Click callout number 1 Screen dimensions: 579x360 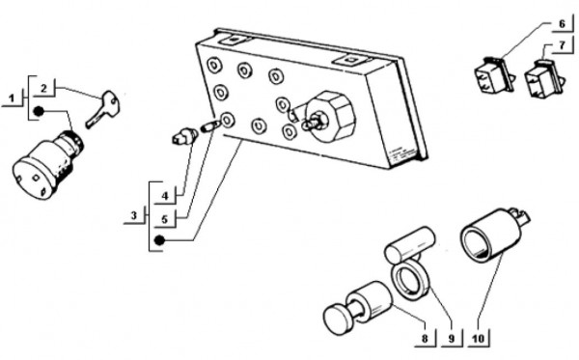[x=13, y=98]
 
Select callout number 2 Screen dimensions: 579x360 [x=44, y=89]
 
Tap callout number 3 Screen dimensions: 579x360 [x=134, y=215]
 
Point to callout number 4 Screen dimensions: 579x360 [x=165, y=196]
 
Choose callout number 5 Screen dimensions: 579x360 [x=165, y=219]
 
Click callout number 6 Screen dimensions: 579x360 [x=562, y=24]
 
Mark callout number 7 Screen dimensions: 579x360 [x=562, y=45]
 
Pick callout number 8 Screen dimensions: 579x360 [x=425, y=338]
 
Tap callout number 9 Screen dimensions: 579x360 [x=452, y=338]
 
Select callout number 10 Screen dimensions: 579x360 [x=479, y=338]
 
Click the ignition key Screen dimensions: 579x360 [x=102, y=109]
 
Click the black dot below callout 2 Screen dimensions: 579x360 [x=39, y=111]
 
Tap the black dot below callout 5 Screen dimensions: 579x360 [x=159, y=240]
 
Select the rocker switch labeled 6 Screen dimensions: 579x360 [x=494, y=74]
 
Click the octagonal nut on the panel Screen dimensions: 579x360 [x=331, y=116]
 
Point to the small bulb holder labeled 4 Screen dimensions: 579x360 [x=184, y=135]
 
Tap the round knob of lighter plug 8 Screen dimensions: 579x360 [x=339, y=319]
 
